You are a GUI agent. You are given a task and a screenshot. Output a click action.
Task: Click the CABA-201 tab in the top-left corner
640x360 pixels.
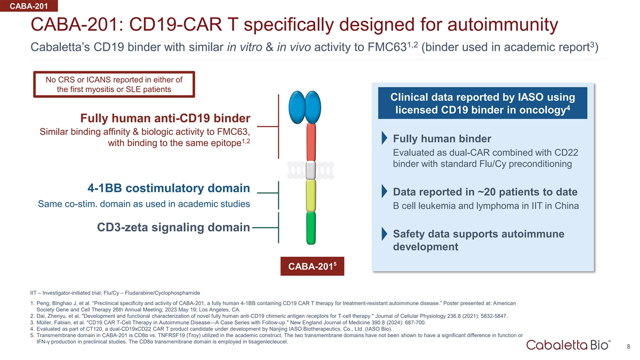29,6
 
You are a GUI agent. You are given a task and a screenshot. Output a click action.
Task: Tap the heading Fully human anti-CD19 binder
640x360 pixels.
165,118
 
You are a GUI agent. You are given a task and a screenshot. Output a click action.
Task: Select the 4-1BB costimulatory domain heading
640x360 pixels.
169,188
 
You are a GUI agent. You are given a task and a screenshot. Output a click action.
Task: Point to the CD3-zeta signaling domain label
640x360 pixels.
173,227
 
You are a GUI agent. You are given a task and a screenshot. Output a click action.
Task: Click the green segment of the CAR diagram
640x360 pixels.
311,228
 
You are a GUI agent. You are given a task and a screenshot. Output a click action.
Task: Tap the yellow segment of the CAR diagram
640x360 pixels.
311,196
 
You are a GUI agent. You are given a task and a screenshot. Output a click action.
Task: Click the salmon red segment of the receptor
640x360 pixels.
311,142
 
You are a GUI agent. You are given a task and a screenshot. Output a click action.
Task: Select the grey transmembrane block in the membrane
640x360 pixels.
311,170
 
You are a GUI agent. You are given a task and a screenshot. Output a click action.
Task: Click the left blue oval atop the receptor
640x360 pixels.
297,107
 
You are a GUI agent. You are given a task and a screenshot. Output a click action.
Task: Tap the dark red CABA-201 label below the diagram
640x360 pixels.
313,266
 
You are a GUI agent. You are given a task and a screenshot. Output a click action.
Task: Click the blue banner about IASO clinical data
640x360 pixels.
483,103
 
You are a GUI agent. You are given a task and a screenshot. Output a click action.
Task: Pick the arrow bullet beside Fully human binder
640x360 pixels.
385,138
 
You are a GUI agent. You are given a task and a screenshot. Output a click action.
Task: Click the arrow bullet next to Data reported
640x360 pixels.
385,191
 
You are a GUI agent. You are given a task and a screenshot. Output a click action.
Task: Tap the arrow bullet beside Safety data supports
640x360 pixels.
385,234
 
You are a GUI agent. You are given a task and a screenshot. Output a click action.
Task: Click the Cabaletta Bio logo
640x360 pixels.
569,345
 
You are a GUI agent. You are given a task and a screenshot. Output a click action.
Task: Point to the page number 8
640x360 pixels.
628,347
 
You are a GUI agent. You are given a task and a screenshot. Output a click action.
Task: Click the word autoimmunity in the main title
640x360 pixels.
502,25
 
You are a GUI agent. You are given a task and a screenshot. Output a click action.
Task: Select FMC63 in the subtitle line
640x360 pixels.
387,47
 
